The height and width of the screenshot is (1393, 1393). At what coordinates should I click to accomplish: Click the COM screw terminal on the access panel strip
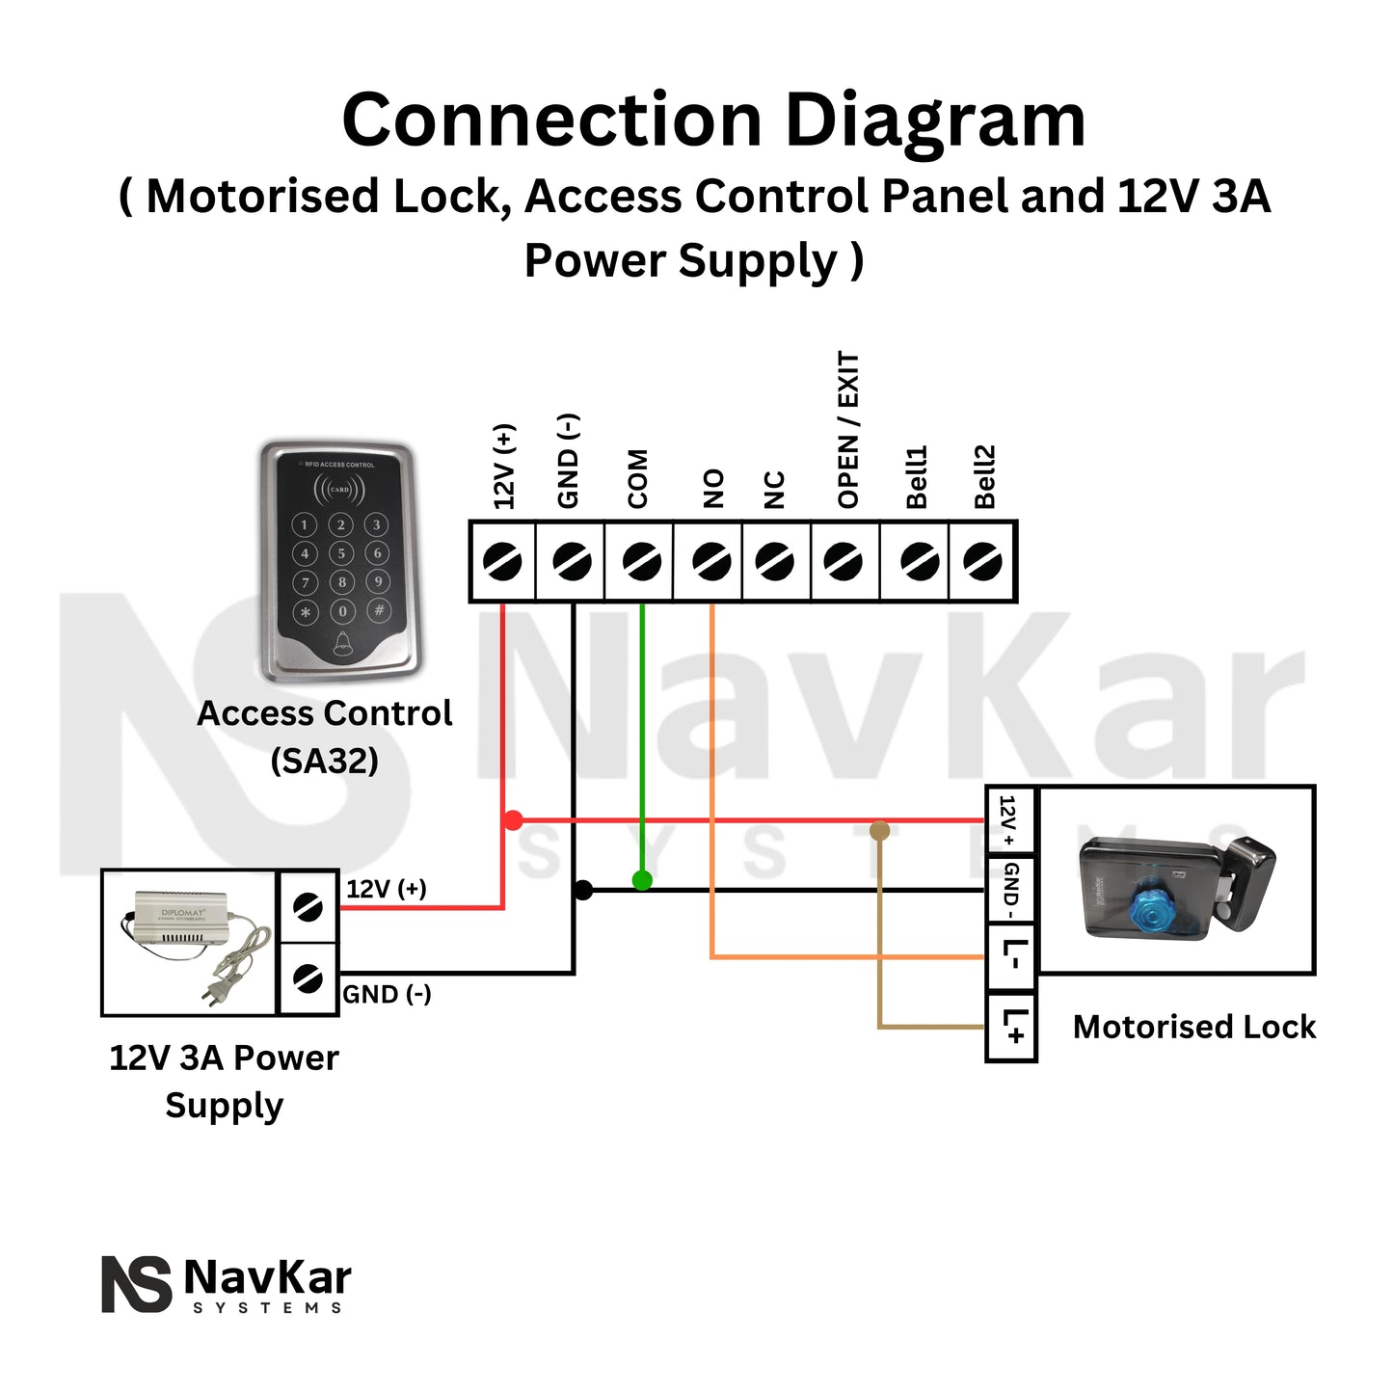coord(640,561)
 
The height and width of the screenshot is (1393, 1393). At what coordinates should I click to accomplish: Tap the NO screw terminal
coord(710,561)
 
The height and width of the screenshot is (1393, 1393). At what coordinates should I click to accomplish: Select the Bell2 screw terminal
coord(982,561)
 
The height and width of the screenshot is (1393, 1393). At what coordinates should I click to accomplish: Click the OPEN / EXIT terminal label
coord(847,430)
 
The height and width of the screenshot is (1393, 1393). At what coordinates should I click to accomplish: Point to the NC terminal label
coord(774,490)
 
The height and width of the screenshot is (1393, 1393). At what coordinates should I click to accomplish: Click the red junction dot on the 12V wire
coord(513,820)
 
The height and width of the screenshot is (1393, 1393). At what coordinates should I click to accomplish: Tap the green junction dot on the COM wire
coord(642,879)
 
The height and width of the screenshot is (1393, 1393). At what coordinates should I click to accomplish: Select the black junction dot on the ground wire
coord(582,890)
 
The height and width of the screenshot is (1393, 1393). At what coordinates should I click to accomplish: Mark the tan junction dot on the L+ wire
coord(879,830)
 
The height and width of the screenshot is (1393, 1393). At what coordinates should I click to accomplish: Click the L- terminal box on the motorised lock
coord(1011,957)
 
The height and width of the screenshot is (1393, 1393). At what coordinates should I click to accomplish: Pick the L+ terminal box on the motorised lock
coord(1011,1027)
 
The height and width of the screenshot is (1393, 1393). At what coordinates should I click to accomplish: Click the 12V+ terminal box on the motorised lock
coord(1010,819)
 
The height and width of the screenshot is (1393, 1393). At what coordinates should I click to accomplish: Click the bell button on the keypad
coord(342,644)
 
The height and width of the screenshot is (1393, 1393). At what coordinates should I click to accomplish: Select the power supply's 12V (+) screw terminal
coord(308,907)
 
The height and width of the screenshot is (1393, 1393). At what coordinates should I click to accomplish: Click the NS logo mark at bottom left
coord(136,1284)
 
